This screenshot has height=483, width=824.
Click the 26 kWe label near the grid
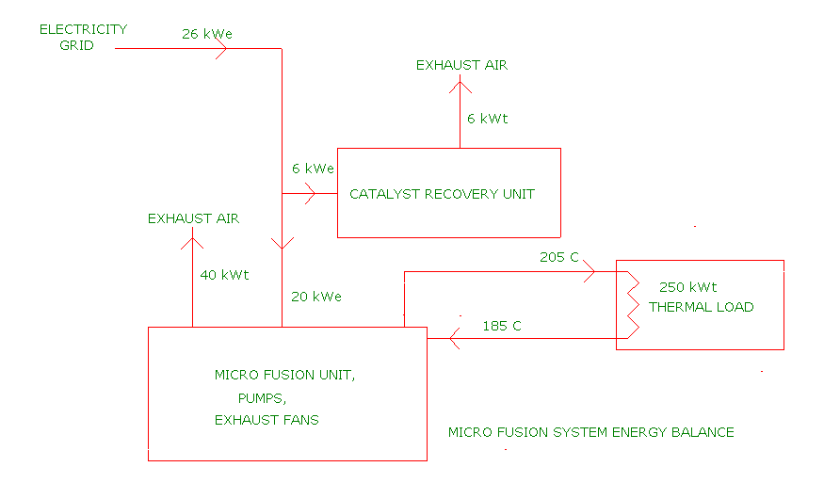(x=207, y=34)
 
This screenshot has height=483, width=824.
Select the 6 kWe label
(x=313, y=169)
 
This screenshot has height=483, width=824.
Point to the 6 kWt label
(x=487, y=119)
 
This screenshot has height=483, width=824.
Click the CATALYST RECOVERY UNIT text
(x=442, y=194)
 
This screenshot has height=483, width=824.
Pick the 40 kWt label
(x=224, y=275)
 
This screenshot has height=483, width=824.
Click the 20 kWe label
(x=315, y=297)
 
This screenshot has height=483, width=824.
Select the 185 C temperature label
(x=502, y=326)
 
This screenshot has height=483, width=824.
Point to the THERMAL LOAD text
(x=702, y=307)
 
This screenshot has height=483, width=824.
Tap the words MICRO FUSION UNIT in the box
(x=285, y=375)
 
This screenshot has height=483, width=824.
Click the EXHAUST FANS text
(x=267, y=420)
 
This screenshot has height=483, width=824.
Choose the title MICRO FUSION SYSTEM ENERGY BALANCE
(x=590, y=432)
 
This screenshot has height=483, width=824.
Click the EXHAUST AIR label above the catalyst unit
(x=461, y=65)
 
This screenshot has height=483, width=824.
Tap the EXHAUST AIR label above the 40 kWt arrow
(x=193, y=218)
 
